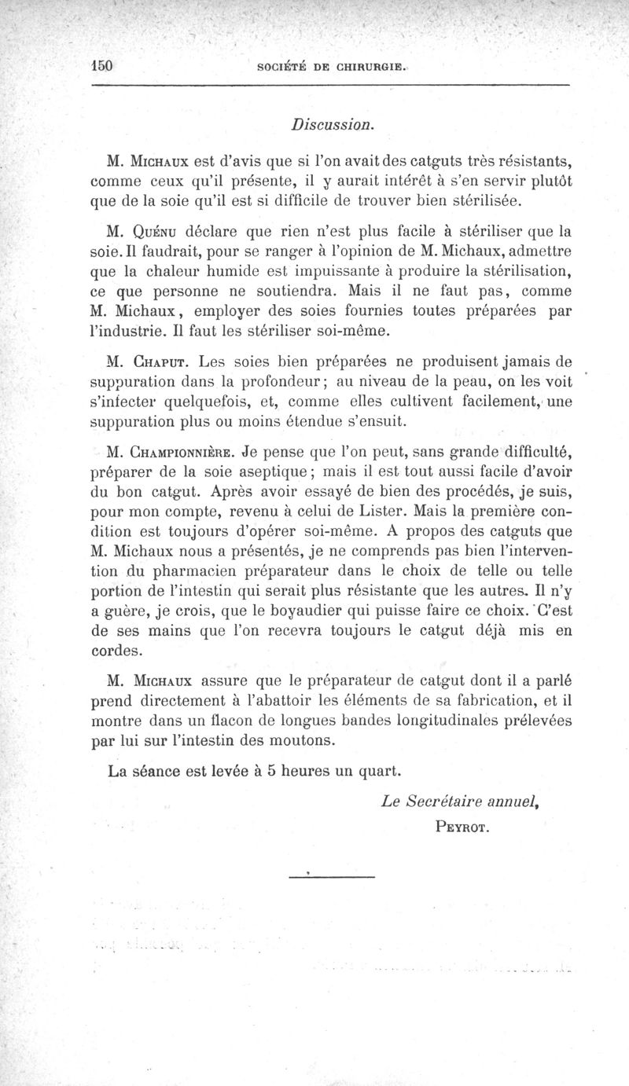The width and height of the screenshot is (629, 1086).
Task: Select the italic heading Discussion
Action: (332, 124)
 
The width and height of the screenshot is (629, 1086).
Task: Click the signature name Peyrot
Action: (462, 826)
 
